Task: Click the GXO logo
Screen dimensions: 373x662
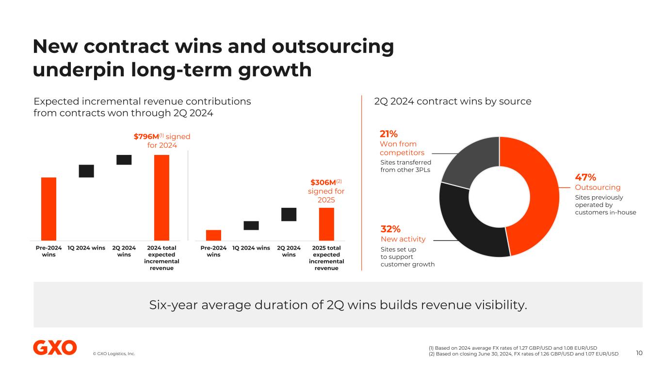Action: coord(55,348)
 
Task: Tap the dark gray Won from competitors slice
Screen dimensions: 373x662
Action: coord(468,160)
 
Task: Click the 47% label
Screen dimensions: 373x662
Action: coord(585,177)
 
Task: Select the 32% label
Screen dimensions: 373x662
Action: coord(390,229)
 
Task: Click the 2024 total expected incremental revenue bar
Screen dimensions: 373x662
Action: coord(161,197)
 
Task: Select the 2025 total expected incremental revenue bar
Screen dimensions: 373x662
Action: coord(326,224)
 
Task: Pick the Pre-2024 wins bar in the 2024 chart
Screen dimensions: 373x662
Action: coord(48,209)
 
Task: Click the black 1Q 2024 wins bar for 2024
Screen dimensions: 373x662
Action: coord(86,171)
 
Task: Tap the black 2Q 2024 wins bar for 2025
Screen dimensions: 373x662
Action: coord(289,214)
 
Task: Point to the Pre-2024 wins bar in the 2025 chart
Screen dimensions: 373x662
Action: coord(213,235)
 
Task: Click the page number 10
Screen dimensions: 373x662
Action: coord(639,353)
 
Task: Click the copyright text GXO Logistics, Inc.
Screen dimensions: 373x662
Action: coord(114,354)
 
